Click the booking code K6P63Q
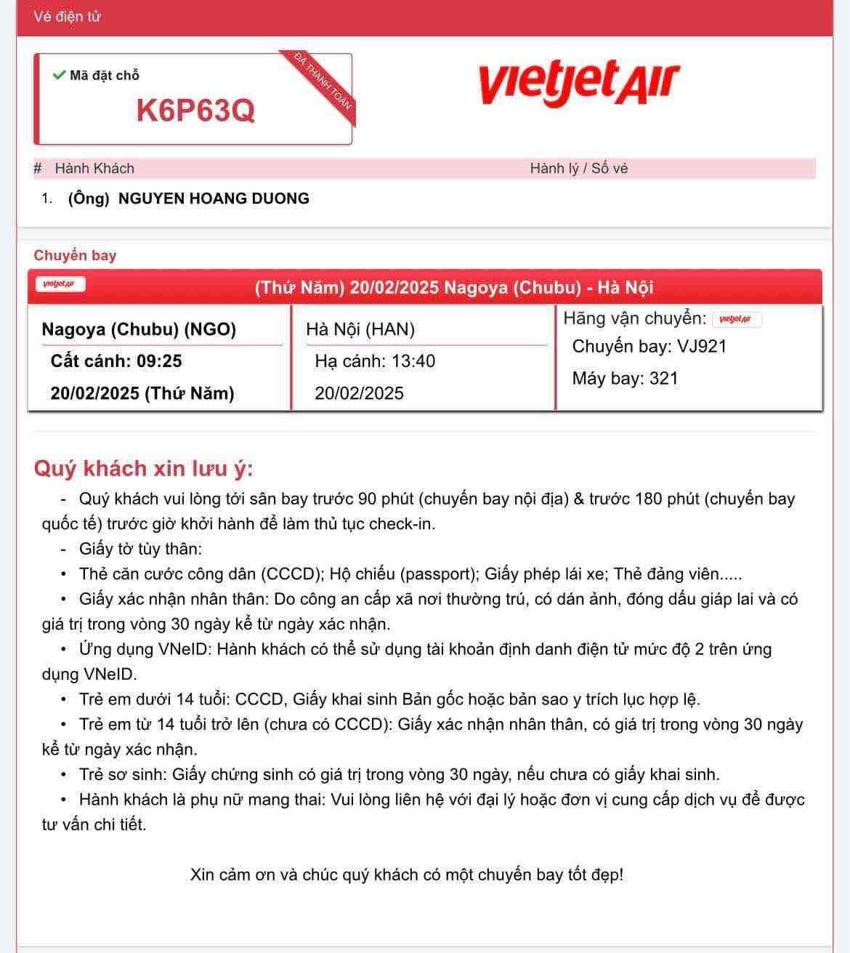(195, 110)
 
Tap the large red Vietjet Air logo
(578, 83)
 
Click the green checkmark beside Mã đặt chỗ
(59, 75)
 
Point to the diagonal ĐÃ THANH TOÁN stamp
(323, 81)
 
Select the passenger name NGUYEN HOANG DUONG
(214, 198)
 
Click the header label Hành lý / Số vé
(578, 169)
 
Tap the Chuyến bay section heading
(75, 255)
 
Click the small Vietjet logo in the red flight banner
(60, 284)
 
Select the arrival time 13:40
(413, 361)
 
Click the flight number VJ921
(702, 347)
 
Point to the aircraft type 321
(664, 379)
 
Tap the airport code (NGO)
(210, 329)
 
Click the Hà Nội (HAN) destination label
(360, 329)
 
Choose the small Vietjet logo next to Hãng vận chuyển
(736, 319)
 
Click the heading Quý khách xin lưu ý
(143, 468)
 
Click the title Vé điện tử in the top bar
(67, 17)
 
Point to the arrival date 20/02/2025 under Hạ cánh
(359, 393)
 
